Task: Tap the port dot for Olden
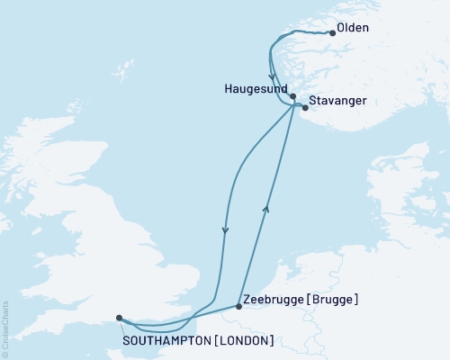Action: click(333, 33)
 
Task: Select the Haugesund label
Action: click(257, 91)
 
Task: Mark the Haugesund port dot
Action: click(293, 94)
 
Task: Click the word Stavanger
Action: click(337, 101)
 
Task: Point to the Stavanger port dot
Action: click(305, 108)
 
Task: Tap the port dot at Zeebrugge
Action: click(238, 307)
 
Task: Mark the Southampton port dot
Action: click(120, 317)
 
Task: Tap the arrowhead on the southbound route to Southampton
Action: click(225, 230)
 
